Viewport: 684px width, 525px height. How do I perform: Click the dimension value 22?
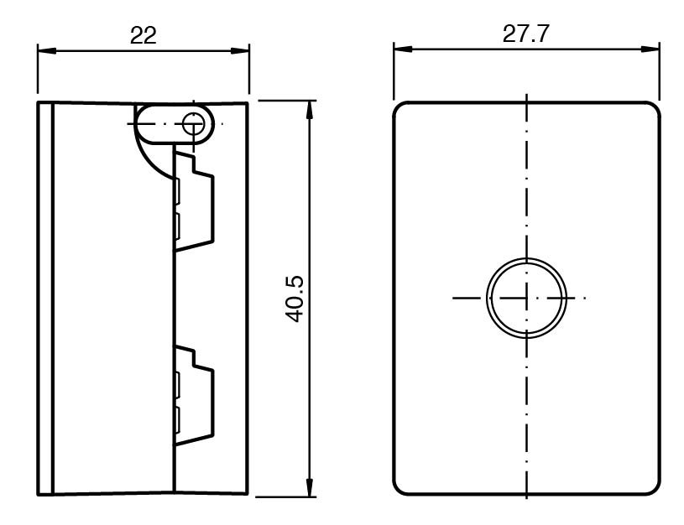143,35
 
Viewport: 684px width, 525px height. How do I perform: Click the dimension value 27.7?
525,34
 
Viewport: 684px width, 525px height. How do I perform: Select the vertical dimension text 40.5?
295,299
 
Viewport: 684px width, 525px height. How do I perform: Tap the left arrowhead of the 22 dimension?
47,50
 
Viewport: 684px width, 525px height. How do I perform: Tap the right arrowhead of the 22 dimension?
240,50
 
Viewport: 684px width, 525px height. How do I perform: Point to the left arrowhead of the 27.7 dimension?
403,49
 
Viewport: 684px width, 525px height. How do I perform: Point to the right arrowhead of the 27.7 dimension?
650,49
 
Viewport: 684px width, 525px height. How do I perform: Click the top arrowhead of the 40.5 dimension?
310,111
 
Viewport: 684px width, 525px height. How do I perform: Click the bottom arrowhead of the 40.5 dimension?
310,487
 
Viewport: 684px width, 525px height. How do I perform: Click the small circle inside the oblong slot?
193,124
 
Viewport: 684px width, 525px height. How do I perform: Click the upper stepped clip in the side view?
195,200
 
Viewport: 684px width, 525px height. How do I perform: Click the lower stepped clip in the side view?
195,395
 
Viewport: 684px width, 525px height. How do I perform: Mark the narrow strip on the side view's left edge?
45,299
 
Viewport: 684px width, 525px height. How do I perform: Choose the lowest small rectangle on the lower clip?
177,420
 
